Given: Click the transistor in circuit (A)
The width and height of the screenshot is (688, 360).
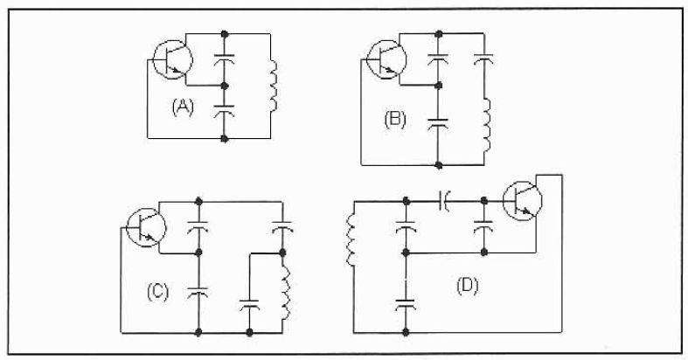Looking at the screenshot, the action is (172, 59).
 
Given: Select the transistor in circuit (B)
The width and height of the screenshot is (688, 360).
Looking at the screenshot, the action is (386, 59).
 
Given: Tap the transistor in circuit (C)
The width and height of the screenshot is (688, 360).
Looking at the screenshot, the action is (146, 227).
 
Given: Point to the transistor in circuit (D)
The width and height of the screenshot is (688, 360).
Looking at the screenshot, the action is (522, 201).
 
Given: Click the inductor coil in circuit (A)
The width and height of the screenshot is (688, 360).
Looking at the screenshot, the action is (273, 86).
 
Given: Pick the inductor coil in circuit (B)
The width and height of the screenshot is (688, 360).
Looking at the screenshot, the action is (486, 126).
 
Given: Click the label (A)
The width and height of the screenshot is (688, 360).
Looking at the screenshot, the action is (183, 107).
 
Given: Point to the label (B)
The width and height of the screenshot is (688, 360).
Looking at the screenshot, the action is (395, 120).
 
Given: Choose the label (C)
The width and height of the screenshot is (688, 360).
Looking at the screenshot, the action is (157, 292).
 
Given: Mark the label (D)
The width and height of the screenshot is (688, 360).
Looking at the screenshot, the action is (468, 287).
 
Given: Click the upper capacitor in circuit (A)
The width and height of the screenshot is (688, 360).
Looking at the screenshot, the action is (224, 59).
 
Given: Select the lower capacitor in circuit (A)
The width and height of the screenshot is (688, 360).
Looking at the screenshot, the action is (224, 110).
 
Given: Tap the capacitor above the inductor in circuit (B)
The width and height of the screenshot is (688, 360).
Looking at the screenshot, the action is (483, 59).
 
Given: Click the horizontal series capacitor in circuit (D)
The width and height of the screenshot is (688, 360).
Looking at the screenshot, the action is (444, 201).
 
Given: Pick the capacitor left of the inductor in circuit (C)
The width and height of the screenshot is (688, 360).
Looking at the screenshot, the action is (249, 304).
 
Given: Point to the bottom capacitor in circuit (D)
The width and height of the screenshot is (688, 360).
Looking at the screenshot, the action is (406, 304).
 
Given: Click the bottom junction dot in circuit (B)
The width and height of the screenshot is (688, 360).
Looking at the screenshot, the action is (438, 165).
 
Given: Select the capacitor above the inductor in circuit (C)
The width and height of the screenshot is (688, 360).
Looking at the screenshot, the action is (282, 227).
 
